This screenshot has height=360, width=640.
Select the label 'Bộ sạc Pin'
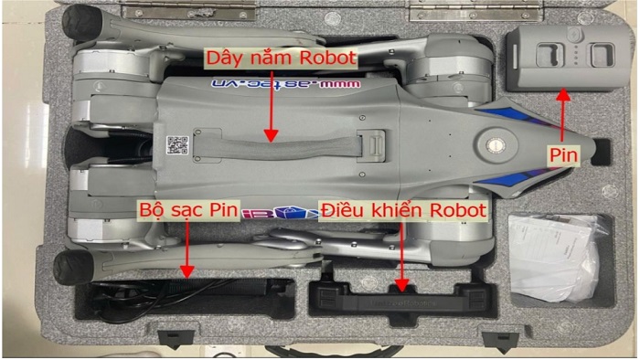point(188,211)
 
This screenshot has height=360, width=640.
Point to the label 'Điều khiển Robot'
point(406,211)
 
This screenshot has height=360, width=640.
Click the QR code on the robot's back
point(177,144)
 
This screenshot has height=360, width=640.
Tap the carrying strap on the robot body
point(274,147)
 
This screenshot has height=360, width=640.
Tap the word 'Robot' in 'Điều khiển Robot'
point(461,211)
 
